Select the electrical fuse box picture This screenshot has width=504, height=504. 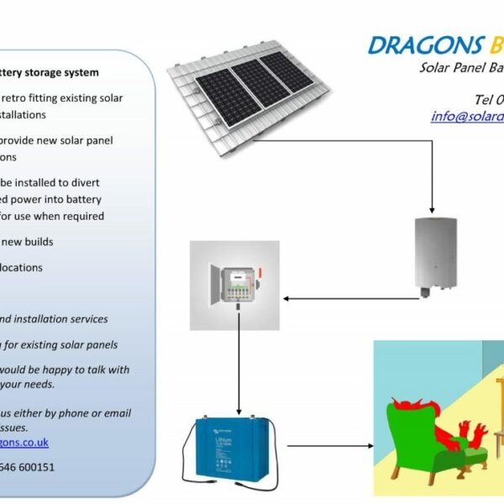(234, 286)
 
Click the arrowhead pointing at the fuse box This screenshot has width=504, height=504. (287, 297)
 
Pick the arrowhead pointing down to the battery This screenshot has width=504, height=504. (239, 402)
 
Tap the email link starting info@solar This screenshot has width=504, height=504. (467, 117)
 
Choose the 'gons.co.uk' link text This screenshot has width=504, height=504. (24, 443)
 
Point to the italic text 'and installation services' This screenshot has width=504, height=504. (54, 319)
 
